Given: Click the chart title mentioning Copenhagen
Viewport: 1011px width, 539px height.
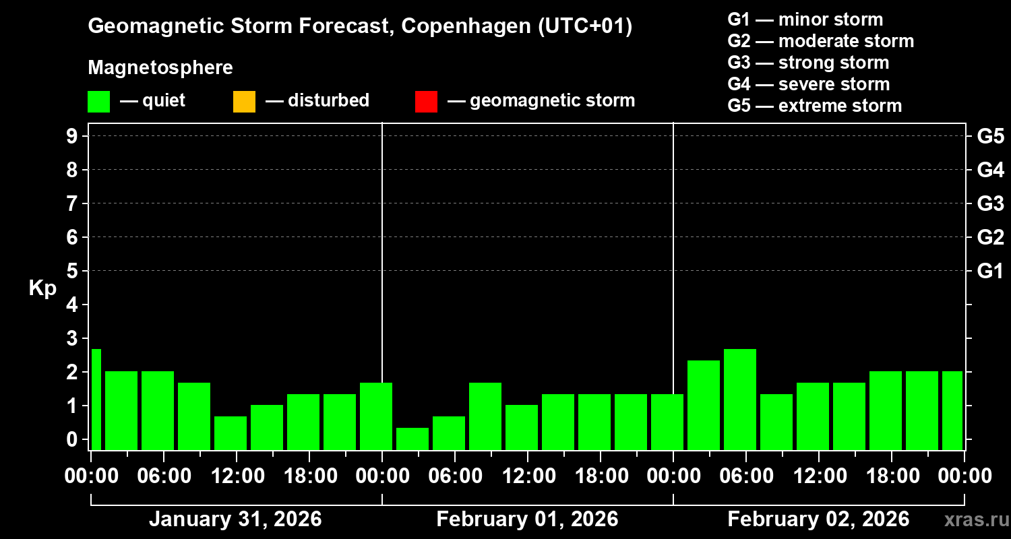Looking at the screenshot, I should tap(360, 27).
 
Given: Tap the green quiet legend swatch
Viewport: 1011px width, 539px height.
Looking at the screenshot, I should tap(98, 102).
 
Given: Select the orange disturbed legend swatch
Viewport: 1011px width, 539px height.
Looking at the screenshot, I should tap(244, 102).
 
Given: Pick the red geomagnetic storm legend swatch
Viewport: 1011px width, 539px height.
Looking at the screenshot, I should tap(426, 102).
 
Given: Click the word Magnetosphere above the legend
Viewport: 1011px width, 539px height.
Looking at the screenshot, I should tap(160, 68).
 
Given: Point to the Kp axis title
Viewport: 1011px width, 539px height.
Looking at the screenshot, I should tap(42, 288).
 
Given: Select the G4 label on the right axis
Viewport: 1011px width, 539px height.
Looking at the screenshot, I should tap(990, 170).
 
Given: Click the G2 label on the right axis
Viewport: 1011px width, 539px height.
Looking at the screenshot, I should tap(990, 237).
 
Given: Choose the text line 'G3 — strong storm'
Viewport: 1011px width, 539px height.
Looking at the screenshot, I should tap(808, 63).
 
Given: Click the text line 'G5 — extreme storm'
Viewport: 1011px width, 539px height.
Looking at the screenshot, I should tap(814, 106).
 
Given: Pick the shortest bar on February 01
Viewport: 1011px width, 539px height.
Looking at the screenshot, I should tap(412, 438).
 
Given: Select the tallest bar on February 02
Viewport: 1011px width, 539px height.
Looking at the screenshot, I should tap(740, 399).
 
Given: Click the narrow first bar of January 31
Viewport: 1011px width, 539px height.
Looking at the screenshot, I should tap(96, 399).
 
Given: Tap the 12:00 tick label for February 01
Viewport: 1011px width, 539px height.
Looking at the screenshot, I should tap(528, 476).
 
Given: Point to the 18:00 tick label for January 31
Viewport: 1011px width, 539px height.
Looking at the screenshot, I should tap(310, 476).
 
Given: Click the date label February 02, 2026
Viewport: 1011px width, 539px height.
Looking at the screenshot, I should tap(818, 519).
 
